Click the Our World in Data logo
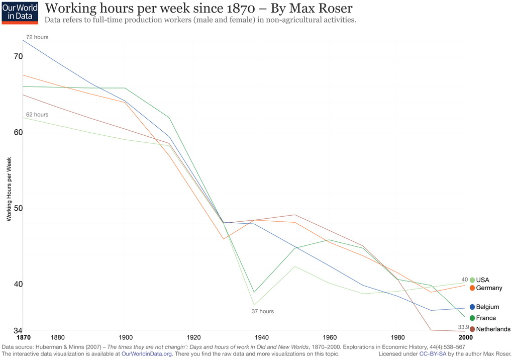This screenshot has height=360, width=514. [x=20, y=13]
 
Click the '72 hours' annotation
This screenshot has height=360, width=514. [x=37, y=37]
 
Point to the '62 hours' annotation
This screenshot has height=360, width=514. [x=37, y=115]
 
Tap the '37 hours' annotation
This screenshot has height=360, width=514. [x=263, y=311]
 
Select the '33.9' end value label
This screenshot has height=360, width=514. [x=463, y=327]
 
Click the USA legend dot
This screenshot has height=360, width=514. [x=472, y=280]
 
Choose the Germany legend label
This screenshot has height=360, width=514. [x=489, y=288]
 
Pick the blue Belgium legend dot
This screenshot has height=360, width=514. [x=472, y=307]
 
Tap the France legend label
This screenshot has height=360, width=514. [x=486, y=318]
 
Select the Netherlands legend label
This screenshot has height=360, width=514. [x=493, y=329]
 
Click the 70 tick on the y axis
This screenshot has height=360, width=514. [x=18, y=56]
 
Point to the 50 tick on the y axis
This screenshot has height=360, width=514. [x=18, y=208]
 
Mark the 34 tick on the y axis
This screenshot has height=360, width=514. [x=18, y=330]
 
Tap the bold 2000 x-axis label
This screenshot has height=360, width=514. [x=466, y=337]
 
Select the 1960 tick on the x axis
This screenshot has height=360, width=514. [x=330, y=337]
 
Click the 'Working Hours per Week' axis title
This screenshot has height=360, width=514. [x=9, y=189]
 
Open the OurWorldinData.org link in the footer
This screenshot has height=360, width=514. [x=147, y=354]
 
